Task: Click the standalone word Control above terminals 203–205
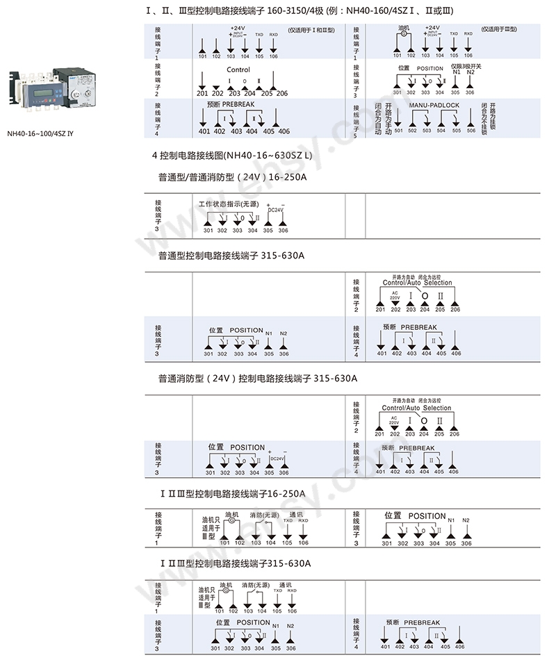point(238,70)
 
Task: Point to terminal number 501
point(398,131)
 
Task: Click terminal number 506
point(471,131)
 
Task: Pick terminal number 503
point(427,131)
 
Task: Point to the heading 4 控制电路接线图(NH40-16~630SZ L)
point(232,155)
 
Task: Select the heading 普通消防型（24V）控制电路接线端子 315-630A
point(257,379)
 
